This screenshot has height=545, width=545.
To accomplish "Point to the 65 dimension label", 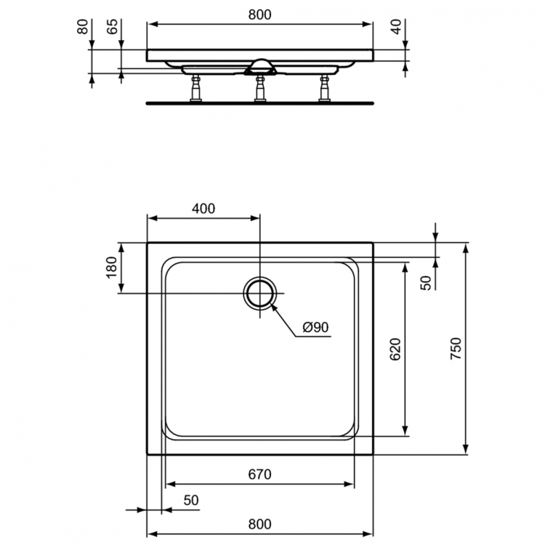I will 112,27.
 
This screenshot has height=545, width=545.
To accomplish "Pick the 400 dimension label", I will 203,209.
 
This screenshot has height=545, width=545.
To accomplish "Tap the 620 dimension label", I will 395,350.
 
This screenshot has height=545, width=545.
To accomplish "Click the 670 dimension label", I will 259,475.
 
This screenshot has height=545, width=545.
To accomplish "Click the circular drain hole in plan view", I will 259,293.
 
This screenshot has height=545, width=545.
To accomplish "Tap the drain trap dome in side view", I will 260,67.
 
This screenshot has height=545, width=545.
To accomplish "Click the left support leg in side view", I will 195,89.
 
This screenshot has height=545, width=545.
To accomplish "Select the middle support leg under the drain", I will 259,89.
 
